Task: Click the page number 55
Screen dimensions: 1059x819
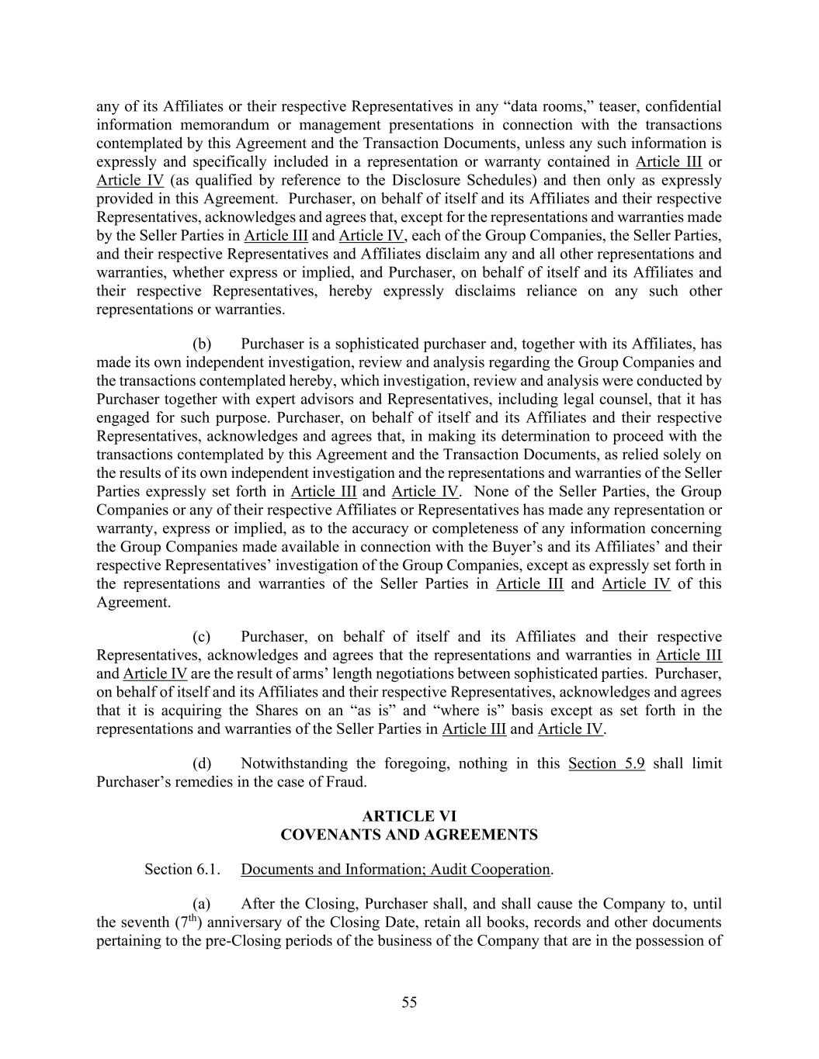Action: click(409, 1002)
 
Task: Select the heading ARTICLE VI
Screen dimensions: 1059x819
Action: click(409, 816)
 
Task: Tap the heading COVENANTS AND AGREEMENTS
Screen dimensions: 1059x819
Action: click(409, 835)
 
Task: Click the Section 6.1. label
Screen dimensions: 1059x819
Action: click(182, 870)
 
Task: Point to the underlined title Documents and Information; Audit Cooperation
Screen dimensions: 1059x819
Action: click(395, 870)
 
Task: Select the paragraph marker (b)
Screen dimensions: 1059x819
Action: click(202, 344)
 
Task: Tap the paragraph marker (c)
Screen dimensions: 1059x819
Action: click(202, 637)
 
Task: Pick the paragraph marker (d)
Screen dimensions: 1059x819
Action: click(202, 763)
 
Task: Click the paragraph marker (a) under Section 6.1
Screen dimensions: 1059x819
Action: click(202, 904)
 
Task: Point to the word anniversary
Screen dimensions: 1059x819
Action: click(251, 922)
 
